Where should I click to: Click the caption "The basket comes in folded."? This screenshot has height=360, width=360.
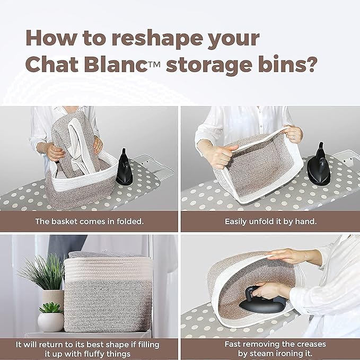(89, 222)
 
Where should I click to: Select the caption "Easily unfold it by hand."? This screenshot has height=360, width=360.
(270, 222)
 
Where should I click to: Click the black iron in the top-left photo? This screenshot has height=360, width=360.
(124, 167)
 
